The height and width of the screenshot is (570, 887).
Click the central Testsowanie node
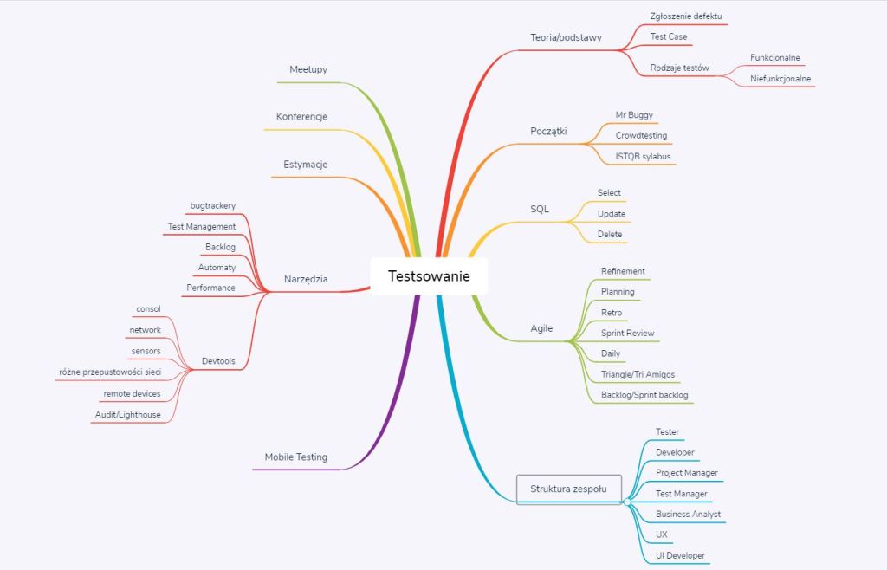click(x=429, y=276)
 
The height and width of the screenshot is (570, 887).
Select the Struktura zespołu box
click(x=567, y=489)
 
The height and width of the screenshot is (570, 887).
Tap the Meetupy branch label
click(x=308, y=69)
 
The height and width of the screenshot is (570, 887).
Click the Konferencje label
click(x=301, y=117)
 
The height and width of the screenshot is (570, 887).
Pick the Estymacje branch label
click(x=306, y=165)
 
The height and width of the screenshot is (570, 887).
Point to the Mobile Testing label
click(x=296, y=457)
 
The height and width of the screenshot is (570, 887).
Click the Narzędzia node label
click(x=306, y=279)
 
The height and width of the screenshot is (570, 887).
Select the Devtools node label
click(x=217, y=360)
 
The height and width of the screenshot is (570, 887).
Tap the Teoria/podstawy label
click(x=566, y=37)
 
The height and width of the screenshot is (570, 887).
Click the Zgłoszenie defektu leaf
click(x=686, y=16)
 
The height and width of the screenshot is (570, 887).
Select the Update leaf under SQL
click(x=612, y=214)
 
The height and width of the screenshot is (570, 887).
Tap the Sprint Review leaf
click(x=628, y=333)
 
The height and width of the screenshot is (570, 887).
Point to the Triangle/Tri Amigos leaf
click(x=638, y=374)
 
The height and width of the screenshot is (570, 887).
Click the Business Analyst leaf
click(x=688, y=514)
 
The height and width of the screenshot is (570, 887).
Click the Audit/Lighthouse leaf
click(x=128, y=415)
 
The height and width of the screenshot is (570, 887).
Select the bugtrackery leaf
click(x=213, y=205)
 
